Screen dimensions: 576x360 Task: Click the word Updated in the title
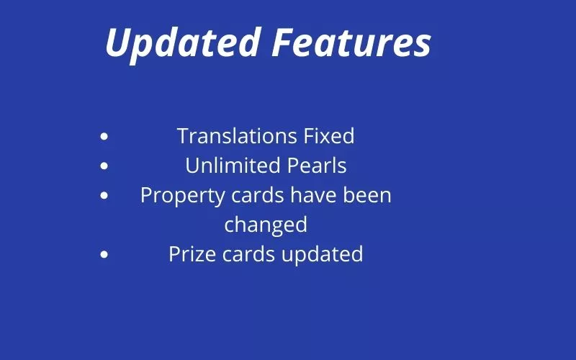point(183,43)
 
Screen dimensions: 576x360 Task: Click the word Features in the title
point(351,42)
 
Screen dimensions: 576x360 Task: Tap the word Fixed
point(329,136)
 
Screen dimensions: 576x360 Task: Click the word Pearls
point(317,166)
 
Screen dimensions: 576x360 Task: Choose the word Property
point(183,196)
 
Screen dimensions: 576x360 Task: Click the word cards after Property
point(258,195)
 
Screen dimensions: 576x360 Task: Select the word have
point(313,195)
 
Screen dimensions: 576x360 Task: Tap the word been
point(367,195)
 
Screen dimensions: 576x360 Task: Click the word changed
point(266,225)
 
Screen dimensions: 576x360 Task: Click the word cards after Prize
point(248,254)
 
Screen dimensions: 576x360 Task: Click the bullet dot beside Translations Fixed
point(104,137)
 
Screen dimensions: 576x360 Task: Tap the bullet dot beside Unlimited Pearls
point(104,166)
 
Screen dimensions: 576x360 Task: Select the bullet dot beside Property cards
point(104,195)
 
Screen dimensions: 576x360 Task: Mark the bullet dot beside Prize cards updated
point(104,254)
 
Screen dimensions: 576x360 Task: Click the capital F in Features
point(285,42)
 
